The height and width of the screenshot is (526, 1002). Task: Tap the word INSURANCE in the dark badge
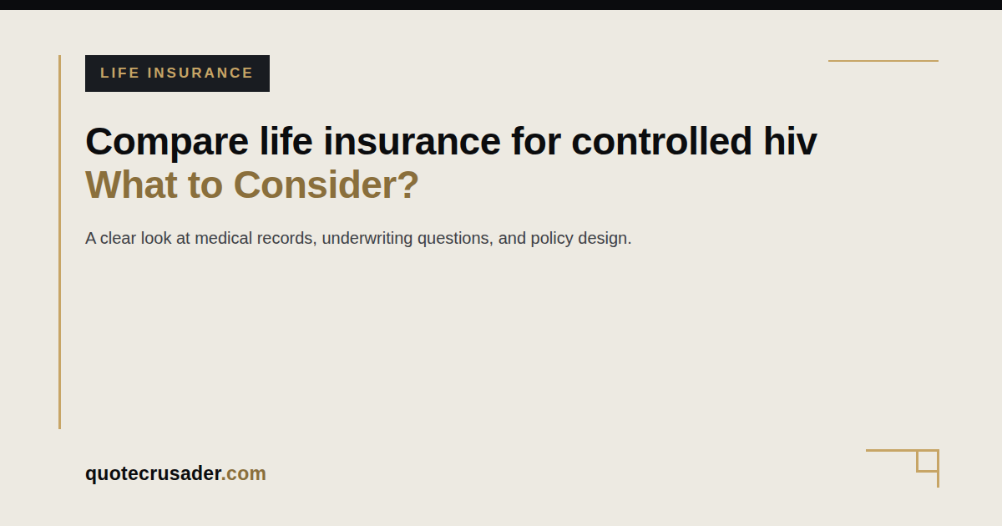[200, 73]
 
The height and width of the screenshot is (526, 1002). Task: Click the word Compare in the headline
[167, 143]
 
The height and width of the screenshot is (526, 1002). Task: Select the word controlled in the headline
[661, 141]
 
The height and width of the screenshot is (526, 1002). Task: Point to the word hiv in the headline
[790, 141]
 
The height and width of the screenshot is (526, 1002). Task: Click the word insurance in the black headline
[412, 141]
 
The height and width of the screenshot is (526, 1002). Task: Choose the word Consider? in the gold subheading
[326, 185]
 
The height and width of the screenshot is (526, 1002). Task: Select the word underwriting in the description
[367, 239]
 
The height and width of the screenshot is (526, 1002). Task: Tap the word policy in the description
[552, 239]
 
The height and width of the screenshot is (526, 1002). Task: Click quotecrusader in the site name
[154, 473]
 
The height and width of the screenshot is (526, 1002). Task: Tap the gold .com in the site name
[244, 473]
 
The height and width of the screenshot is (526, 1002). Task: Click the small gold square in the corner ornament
[927, 461]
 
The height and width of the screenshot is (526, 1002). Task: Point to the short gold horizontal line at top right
[883, 61]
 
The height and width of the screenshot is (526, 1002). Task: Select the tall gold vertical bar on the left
[59, 242]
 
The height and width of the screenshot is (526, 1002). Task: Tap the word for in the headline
[536, 141]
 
